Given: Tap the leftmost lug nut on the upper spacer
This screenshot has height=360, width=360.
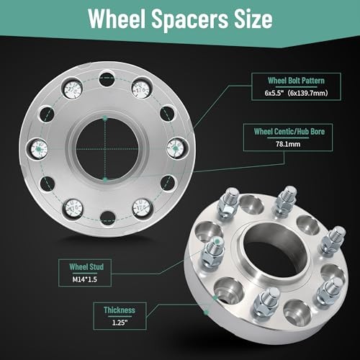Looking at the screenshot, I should coord(38,149).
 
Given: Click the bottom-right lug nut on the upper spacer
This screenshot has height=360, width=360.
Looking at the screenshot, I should coord(140,208).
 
